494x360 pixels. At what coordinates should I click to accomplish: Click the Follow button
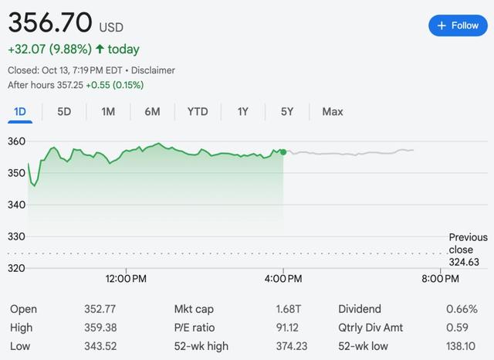pyautogui.click(x=458, y=25)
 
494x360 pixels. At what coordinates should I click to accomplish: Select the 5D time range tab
pyautogui.click(x=64, y=111)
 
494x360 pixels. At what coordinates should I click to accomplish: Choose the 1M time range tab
pyautogui.click(x=108, y=111)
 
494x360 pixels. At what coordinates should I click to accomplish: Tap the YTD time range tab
pyautogui.click(x=198, y=111)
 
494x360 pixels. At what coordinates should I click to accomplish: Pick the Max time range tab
pyautogui.click(x=333, y=111)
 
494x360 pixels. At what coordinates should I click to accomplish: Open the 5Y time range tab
pyautogui.click(x=287, y=111)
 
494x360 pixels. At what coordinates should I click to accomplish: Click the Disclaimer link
pyautogui.click(x=154, y=70)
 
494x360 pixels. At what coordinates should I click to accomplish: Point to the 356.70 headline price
pyautogui.click(x=50, y=20)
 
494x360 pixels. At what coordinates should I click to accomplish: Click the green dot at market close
pyautogui.click(x=283, y=152)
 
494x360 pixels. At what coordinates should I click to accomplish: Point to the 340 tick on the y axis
pyautogui.click(x=17, y=205)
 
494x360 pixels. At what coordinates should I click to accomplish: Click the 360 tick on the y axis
pyautogui.click(x=17, y=141)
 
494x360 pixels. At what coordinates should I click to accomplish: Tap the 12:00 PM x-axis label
pyautogui.click(x=127, y=278)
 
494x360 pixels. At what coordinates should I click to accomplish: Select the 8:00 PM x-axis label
pyautogui.click(x=441, y=278)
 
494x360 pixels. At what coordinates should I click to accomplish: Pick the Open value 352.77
pyautogui.click(x=100, y=309)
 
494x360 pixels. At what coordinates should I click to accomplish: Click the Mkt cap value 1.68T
pyautogui.click(x=289, y=309)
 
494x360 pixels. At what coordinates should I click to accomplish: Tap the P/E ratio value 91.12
pyautogui.click(x=289, y=328)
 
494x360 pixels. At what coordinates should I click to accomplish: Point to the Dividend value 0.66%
pyautogui.click(x=462, y=309)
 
